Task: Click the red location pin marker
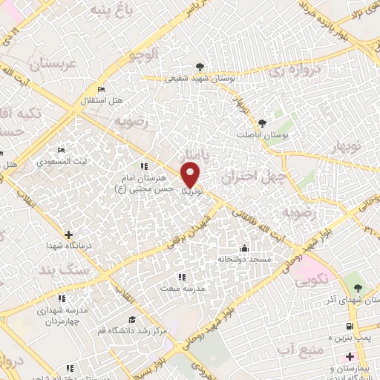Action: pos(191,174)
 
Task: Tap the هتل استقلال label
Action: pos(102,100)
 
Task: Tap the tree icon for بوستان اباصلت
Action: pos(261,123)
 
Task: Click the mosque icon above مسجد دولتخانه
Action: pos(244,248)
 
